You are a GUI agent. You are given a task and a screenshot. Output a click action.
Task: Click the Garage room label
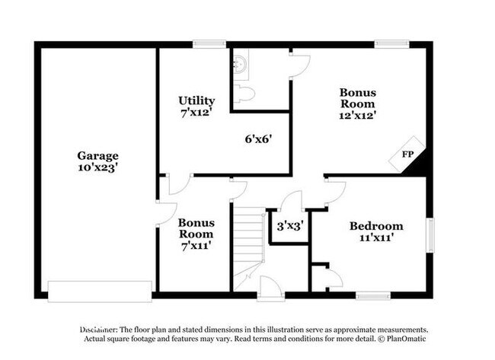[x=98, y=156]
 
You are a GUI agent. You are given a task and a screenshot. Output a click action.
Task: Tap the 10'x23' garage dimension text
[x=98, y=167]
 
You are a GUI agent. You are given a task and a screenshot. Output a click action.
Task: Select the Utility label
[x=196, y=101]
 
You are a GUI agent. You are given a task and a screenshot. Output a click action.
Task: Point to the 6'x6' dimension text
[x=258, y=139]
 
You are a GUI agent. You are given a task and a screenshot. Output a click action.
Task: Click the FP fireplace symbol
[x=407, y=155]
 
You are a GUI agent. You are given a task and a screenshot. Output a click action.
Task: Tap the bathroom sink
[x=241, y=65]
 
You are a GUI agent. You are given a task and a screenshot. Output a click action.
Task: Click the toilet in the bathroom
[x=244, y=94]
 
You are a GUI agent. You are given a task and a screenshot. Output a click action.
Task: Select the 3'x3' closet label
[x=290, y=226]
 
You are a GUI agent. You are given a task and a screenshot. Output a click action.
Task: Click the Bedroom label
[x=376, y=226]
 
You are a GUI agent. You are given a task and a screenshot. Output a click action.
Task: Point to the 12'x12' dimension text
[x=357, y=116]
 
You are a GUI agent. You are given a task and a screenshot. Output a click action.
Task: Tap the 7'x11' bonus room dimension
[x=196, y=246]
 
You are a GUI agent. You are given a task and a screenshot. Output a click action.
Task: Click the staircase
[x=248, y=249]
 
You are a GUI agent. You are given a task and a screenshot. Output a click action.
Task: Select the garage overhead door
[x=100, y=292]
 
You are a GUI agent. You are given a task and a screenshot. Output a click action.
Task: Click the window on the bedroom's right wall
[x=430, y=235]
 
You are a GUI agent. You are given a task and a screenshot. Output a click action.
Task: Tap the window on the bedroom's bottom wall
[x=373, y=295]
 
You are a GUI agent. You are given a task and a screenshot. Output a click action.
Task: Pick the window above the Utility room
[x=209, y=44]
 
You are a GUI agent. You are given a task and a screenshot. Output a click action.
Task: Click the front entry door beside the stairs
[x=270, y=288]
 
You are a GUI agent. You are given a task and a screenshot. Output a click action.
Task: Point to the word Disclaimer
[x=99, y=330]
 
